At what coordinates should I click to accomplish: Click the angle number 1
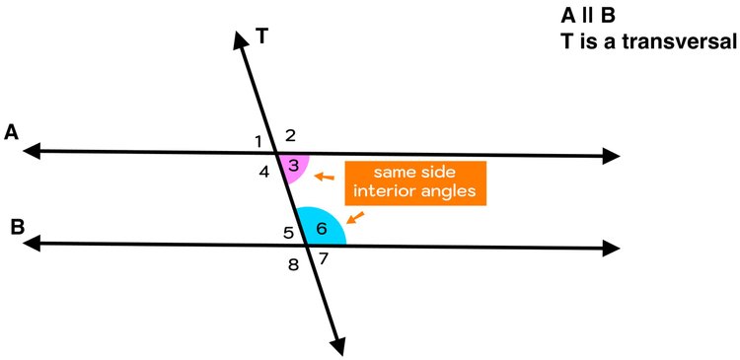coord(259,139)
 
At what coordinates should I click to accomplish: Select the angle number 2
coord(290,136)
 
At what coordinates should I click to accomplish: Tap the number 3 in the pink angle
coord(293,165)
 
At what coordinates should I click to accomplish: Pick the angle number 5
coord(288,234)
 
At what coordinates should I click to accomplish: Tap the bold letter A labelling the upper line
coord(12,131)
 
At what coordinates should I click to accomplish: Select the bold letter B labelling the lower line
coord(18,227)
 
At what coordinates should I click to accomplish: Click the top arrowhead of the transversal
coord(239,39)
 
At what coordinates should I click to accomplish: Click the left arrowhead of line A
coord(33,151)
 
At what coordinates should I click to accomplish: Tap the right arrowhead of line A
coord(611,156)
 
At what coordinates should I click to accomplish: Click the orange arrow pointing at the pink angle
coord(324,178)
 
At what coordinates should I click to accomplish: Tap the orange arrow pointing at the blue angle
coord(355,216)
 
